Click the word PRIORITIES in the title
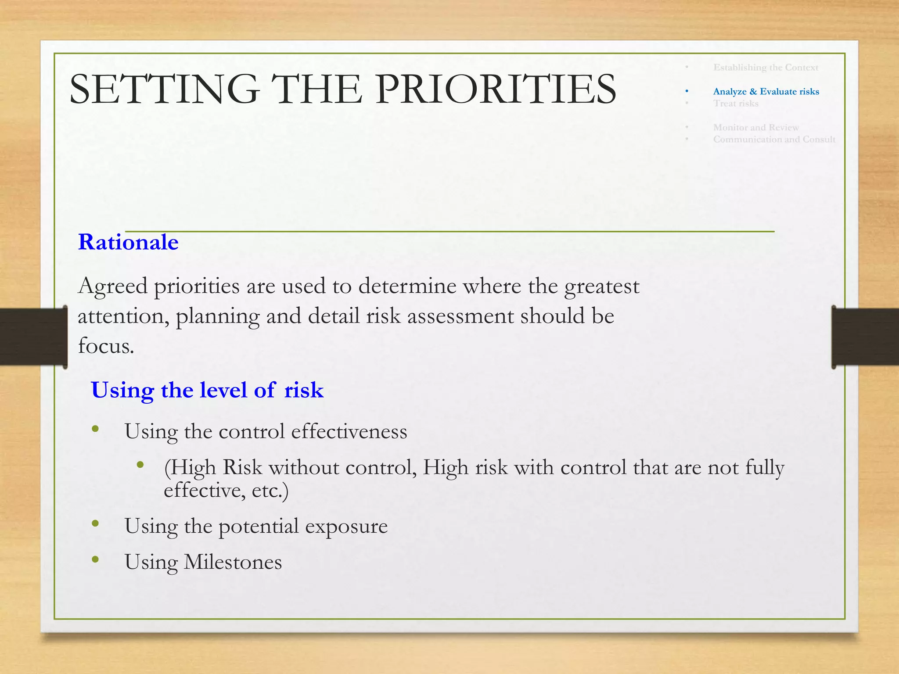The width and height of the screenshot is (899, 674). click(496, 89)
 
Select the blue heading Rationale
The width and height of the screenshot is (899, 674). click(128, 242)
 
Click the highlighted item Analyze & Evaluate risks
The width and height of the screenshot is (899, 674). click(766, 91)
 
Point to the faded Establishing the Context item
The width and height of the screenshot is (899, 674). click(766, 67)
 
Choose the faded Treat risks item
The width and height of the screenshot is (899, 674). click(736, 103)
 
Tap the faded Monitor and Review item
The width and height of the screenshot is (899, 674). click(756, 127)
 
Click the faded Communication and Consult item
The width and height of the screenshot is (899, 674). click(774, 139)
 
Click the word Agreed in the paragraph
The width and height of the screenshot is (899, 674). click(113, 287)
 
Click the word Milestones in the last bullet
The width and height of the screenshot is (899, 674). click(233, 562)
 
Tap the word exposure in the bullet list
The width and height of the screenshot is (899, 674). click(346, 526)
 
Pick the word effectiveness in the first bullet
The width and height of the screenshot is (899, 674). click(349, 431)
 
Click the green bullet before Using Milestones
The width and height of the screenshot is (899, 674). click(95, 559)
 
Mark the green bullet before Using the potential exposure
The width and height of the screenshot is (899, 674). click(95, 523)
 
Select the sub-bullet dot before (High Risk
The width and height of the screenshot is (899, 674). click(140, 465)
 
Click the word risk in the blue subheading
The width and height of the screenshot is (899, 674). click(304, 390)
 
